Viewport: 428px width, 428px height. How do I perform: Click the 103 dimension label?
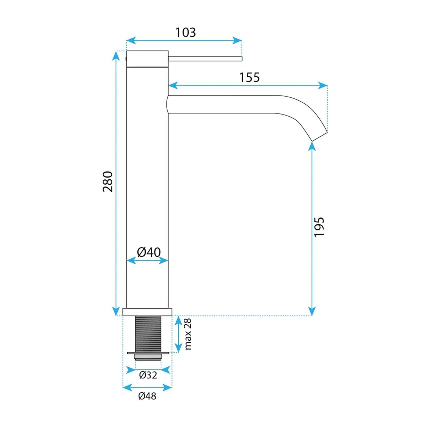coord(186,32)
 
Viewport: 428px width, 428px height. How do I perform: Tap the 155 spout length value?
coord(249,77)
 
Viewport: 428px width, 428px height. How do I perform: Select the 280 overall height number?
coord(108,182)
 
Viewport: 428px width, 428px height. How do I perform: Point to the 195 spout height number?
coord(319,226)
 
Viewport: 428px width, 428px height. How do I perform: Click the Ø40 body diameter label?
coord(149,252)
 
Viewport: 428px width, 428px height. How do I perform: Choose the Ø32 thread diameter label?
coord(148,375)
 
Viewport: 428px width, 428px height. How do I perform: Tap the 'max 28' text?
coord(188,337)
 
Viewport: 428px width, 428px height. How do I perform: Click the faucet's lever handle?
coord(205,58)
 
